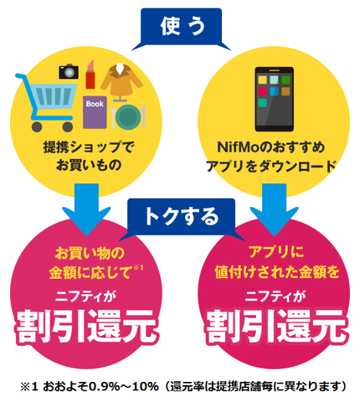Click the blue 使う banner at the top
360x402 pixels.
click(x=182, y=27)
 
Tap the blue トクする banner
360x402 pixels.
click(x=182, y=217)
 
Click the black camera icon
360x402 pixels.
click(x=69, y=71)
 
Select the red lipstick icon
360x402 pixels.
click(x=90, y=75)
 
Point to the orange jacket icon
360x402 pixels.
click(x=121, y=81)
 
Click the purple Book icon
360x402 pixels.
click(x=95, y=112)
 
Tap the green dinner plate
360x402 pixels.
click(x=128, y=116)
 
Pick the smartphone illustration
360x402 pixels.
click(x=274, y=99)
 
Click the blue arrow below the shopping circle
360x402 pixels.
click(x=86, y=208)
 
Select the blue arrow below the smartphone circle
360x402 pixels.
click(x=274, y=208)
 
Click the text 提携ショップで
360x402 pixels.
click(x=89, y=147)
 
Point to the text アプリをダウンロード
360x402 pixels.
click(x=271, y=166)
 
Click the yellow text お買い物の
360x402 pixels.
click(x=90, y=253)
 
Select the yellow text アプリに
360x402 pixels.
click(x=276, y=252)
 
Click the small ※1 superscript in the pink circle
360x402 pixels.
click(x=138, y=268)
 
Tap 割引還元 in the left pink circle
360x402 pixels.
click(x=87, y=326)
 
